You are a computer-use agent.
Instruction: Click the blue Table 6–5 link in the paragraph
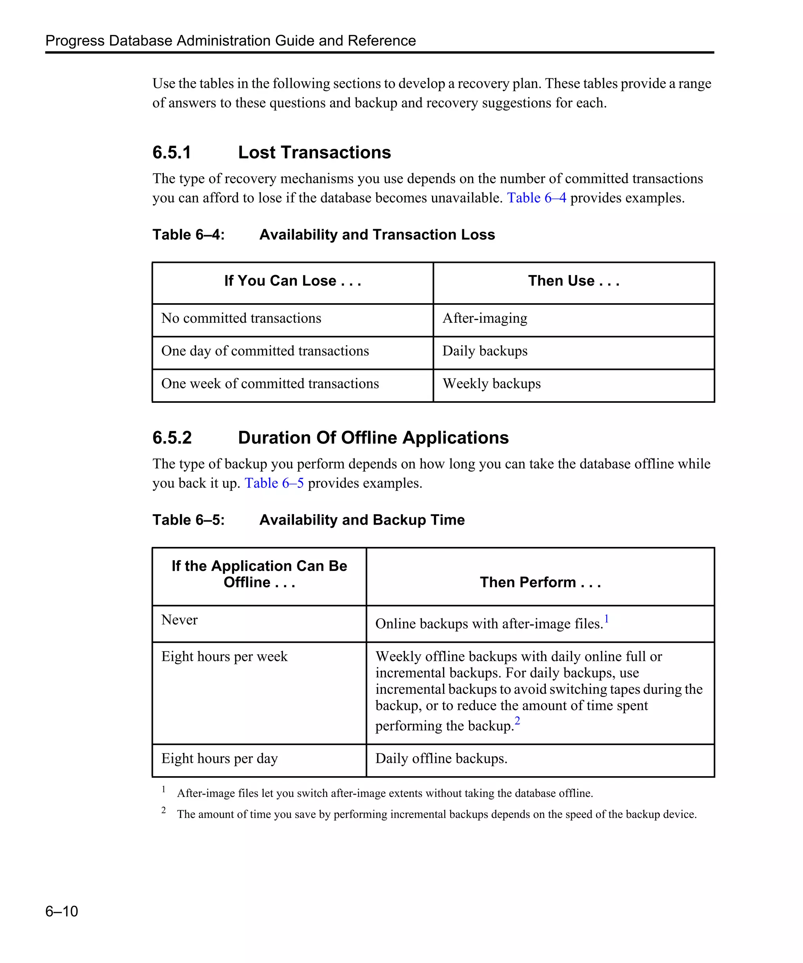274,483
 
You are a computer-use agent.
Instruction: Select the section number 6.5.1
172,152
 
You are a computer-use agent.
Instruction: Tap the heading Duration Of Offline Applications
373,438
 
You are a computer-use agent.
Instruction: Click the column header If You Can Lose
292,281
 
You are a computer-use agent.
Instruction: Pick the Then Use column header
574,281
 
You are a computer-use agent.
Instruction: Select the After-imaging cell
485,318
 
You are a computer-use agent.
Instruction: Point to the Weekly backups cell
491,384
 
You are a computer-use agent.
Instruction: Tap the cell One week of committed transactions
270,384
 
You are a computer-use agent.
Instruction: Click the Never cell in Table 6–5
180,620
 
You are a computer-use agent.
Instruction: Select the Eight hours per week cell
224,657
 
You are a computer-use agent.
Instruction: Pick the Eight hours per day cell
219,758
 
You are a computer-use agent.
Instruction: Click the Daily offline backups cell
441,758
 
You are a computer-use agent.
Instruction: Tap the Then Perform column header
540,583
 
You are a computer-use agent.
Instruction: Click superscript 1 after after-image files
606,619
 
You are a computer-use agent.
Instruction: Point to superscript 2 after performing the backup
517,721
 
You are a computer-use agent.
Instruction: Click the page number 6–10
62,911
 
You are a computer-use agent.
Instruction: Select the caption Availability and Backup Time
362,520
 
